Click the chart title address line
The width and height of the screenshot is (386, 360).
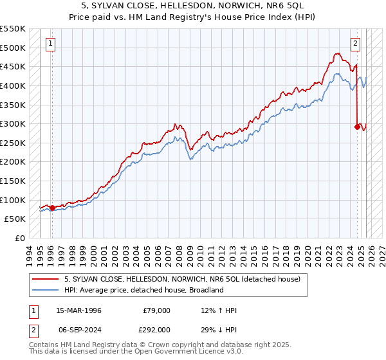pyautogui.click(x=192, y=5)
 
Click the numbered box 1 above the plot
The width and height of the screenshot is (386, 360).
pyautogui.click(x=51, y=44)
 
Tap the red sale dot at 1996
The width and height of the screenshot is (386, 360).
pyautogui.click(x=52, y=208)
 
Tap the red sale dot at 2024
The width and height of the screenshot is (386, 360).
pyautogui.click(x=357, y=127)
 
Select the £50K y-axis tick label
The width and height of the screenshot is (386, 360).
pyautogui.click(x=15, y=219)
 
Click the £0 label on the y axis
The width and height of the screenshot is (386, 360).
pyautogui.click(x=21, y=238)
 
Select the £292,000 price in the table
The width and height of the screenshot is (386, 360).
pyautogui.click(x=156, y=328)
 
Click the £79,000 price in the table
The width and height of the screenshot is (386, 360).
pyautogui.click(x=156, y=310)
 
